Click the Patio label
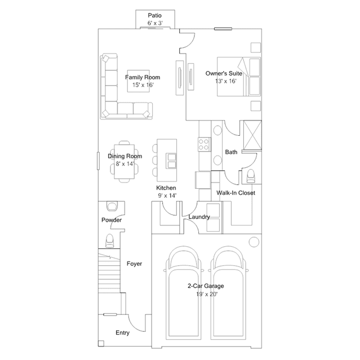click(x=155, y=16)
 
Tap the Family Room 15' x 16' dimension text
click(x=143, y=85)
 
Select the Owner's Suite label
click(x=224, y=73)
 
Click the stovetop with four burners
click(x=204, y=144)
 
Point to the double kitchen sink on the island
click(x=172, y=161)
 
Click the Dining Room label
click(x=125, y=156)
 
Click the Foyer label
click(x=134, y=264)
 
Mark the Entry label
click(x=123, y=333)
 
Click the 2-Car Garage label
click(x=206, y=286)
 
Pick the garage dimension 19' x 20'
click(x=207, y=294)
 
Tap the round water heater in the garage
click(x=254, y=242)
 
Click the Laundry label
click(x=199, y=217)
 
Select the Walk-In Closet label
click(x=236, y=193)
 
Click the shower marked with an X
click(x=252, y=135)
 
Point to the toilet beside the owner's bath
click(x=251, y=176)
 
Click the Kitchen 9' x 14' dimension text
click(x=167, y=195)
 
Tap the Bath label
click(x=231, y=152)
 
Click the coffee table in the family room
click(x=139, y=81)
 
